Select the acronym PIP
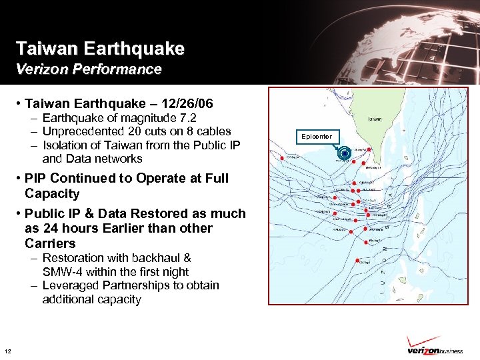pos(35,178)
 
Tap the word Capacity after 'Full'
pos(52,194)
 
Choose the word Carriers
pos(50,243)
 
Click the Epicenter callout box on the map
pos(316,137)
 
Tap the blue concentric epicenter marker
pos(344,153)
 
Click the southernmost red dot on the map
pos(359,261)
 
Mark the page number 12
pos(7,351)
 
